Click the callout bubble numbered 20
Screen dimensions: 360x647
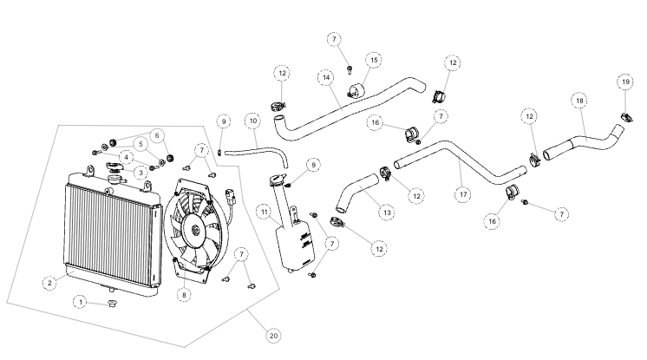[273, 335]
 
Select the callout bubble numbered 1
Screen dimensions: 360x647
[80, 302]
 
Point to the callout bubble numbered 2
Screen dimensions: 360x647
[51, 281]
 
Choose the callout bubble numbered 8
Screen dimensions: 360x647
[183, 294]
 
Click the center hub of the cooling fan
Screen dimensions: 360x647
[196, 229]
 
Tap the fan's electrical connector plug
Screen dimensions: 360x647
[229, 194]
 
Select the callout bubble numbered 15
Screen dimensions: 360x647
[374, 60]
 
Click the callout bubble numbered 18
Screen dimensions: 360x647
[579, 101]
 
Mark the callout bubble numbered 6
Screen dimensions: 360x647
[157, 135]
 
